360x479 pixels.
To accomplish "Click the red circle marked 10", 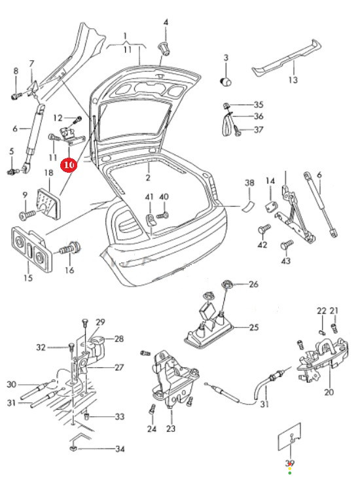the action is [69, 165].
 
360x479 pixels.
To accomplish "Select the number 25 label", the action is [254, 327].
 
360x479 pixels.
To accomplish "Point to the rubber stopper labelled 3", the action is [226, 82].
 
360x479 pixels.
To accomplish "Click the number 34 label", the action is [120, 449].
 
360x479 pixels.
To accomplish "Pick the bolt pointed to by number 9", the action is [26, 216].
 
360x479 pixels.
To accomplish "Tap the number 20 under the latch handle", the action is [329, 391].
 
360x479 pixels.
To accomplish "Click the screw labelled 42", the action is [264, 228].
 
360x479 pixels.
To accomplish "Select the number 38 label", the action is [249, 183].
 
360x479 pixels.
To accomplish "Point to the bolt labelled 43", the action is [287, 244].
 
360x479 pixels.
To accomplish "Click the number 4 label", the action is [166, 22].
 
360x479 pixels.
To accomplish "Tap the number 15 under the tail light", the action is [27, 278].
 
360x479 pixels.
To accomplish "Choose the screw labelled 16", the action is [70, 248].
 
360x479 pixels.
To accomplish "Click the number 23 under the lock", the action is [171, 429].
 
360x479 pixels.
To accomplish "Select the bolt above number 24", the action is [153, 409].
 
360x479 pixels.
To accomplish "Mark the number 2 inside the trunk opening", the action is [148, 177].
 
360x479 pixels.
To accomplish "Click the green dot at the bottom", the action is [290, 473].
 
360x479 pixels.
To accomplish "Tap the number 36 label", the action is [259, 116].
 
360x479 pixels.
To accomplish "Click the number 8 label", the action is [16, 71].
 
